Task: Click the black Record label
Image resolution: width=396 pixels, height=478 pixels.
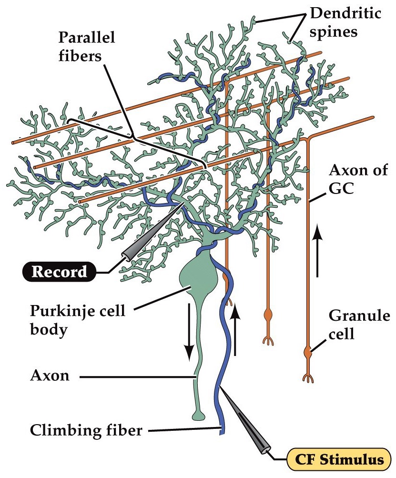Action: (x=60, y=272)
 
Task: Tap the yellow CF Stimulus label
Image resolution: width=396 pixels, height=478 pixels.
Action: (x=341, y=460)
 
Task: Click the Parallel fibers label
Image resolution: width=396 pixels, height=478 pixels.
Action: (x=81, y=47)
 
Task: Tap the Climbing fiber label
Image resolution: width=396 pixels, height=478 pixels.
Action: (x=86, y=431)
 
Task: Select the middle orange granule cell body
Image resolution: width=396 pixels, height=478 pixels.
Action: (x=268, y=315)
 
